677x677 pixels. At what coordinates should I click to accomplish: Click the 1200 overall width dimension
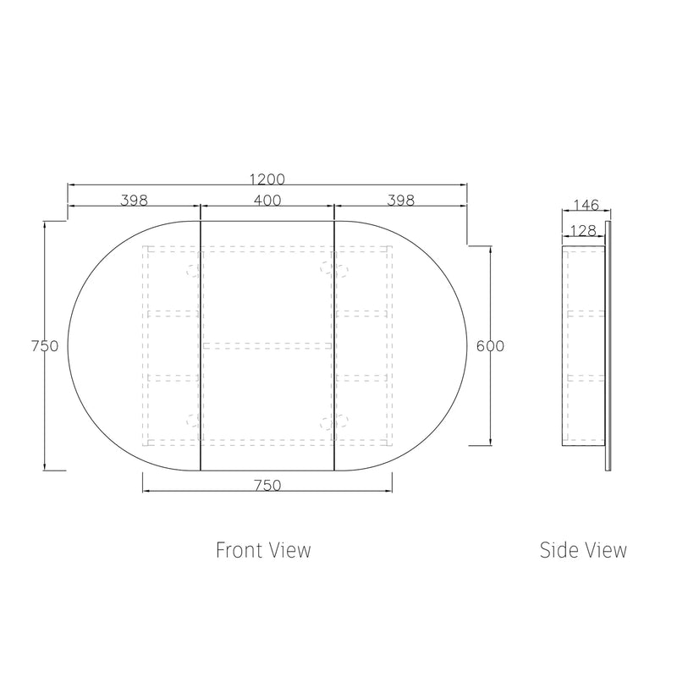(267, 179)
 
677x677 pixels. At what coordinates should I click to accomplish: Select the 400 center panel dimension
(267, 201)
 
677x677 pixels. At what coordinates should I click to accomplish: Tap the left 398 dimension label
(134, 201)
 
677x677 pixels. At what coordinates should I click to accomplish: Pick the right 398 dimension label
(400, 201)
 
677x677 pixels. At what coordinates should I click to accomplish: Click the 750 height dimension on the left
(45, 346)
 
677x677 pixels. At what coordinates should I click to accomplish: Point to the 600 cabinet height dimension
(490, 346)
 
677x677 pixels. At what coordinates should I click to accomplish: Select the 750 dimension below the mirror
(267, 485)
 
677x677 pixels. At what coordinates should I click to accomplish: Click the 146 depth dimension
(586, 205)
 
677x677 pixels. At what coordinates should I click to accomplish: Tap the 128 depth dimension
(583, 230)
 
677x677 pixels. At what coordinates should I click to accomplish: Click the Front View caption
(263, 550)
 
